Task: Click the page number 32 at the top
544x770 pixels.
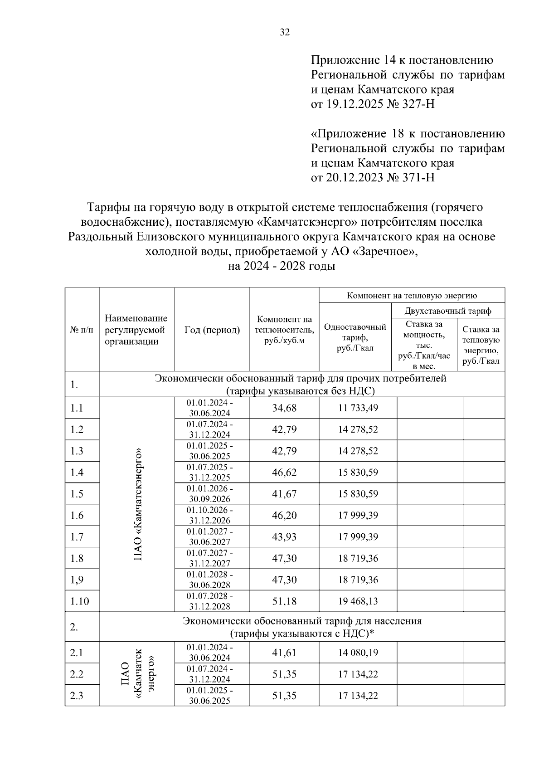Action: click(x=285, y=32)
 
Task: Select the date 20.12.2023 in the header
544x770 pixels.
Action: click(x=355, y=177)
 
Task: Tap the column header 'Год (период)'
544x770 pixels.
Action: click(x=212, y=330)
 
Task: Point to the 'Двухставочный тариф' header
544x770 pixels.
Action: click(x=448, y=311)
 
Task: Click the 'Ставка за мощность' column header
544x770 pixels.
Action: click(x=424, y=345)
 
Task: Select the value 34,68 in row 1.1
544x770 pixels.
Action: click(x=284, y=408)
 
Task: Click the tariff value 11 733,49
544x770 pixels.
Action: click(x=358, y=408)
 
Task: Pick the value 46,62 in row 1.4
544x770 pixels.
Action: click(x=284, y=473)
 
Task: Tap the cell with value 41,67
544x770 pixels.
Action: click(x=284, y=494)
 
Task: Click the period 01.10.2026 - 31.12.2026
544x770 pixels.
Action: click(x=210, y=516)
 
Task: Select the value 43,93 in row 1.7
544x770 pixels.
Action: click(x=284, y=537)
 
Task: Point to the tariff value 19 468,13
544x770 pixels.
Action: click(x=358, y=601)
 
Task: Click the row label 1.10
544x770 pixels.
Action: click(x=79, y=601)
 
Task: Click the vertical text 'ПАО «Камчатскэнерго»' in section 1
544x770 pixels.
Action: click(x=138, y=504)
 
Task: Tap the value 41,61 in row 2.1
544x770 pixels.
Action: click(x=284, y=653)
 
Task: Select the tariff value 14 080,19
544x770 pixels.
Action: click(x=358, y=653)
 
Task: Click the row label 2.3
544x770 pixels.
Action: click(x=77, y=696)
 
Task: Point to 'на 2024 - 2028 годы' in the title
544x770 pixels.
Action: click(x=281, y=267)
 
